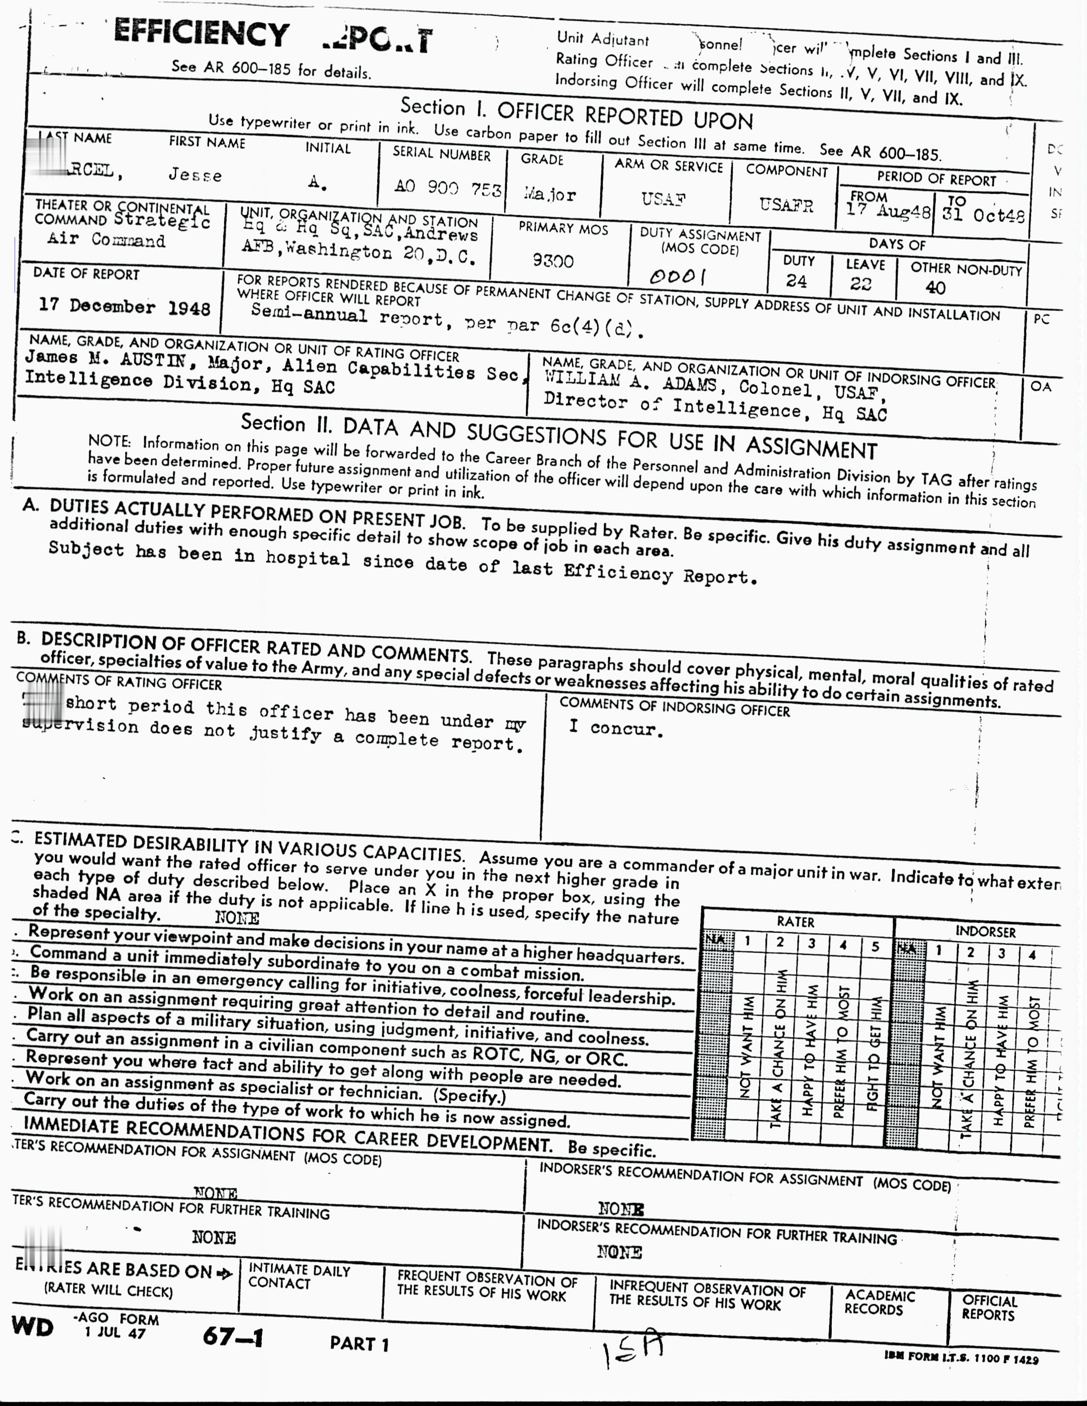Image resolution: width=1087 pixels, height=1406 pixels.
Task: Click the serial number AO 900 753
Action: click(448, 187)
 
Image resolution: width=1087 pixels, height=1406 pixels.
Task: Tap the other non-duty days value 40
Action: click(935, 288)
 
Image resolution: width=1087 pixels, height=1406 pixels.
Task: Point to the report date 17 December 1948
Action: click(124, 306)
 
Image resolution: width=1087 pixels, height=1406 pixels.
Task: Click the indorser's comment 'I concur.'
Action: click(616, 728)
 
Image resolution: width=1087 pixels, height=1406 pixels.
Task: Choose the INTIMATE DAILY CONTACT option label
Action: click(299, 1276)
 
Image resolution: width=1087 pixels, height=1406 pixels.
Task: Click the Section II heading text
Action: click(558, 435)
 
